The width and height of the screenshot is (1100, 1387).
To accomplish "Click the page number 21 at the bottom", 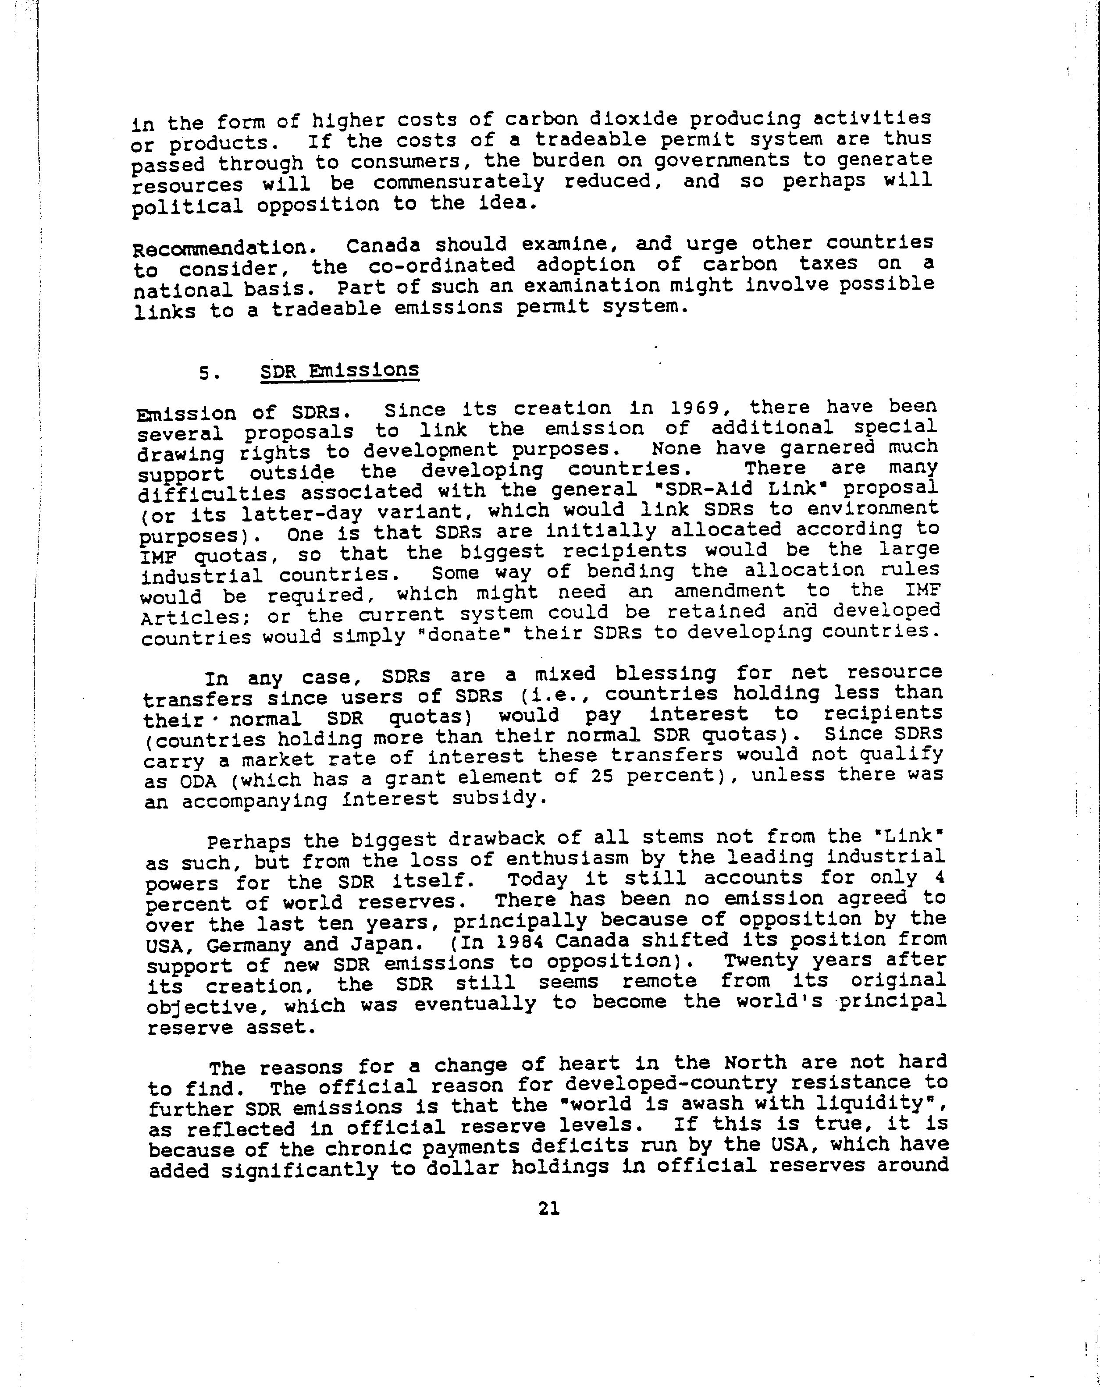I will coord(549,1208).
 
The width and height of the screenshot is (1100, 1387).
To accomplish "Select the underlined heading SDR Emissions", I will coord(339,371).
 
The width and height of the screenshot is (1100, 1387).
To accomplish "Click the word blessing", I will coord(665,674).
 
